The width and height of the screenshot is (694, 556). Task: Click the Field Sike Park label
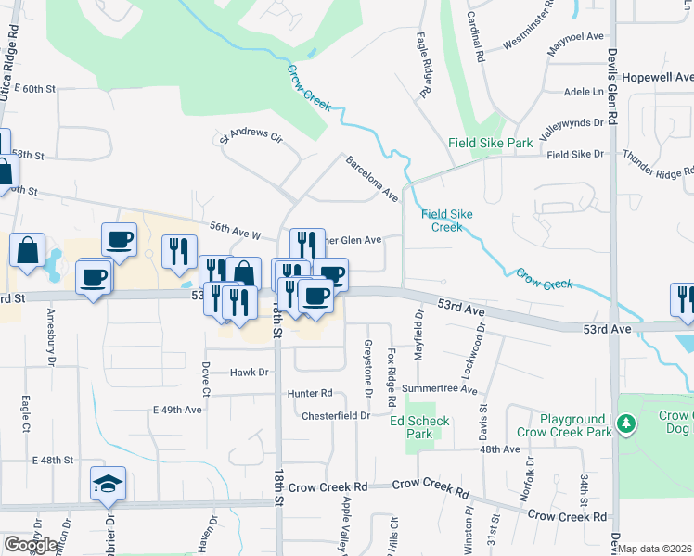coord(490,143)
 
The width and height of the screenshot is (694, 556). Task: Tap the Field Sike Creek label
coord(447,221)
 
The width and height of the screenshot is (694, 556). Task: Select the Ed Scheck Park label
coord(419,427)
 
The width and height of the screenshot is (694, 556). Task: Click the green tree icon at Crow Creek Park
coord(627,424)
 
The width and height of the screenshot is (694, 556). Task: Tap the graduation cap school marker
coord(108,484)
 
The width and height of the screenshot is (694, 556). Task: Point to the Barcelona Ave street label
coord(371,178)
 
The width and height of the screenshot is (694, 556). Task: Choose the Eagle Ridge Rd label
coord(425,65)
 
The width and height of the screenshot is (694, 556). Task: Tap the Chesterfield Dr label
coord(336,415)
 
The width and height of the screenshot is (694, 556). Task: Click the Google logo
coord(31,545)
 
